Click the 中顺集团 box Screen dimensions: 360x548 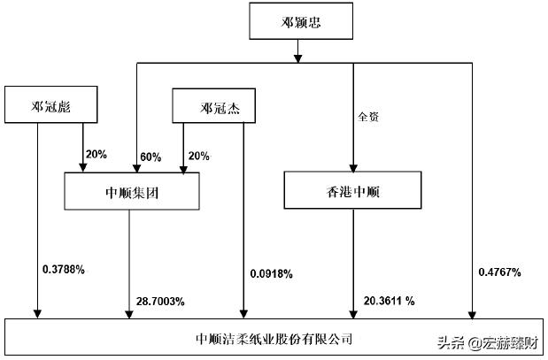point(132,192)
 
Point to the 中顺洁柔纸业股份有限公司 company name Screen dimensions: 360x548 point(274,338)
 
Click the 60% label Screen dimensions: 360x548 point(151,157)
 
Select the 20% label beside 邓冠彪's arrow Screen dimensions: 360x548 point(96,154)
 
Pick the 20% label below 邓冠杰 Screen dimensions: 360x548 point(198,156)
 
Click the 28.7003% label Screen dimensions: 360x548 point(160,302)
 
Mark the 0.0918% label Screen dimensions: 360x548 point(271,274)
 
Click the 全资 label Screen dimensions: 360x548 point(369,114)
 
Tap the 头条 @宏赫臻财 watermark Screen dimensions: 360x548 point(482,342)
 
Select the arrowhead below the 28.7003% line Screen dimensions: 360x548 point(130,312)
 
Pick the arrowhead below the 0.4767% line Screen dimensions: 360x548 point(472,312)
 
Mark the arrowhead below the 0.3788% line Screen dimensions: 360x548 point(37,312)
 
